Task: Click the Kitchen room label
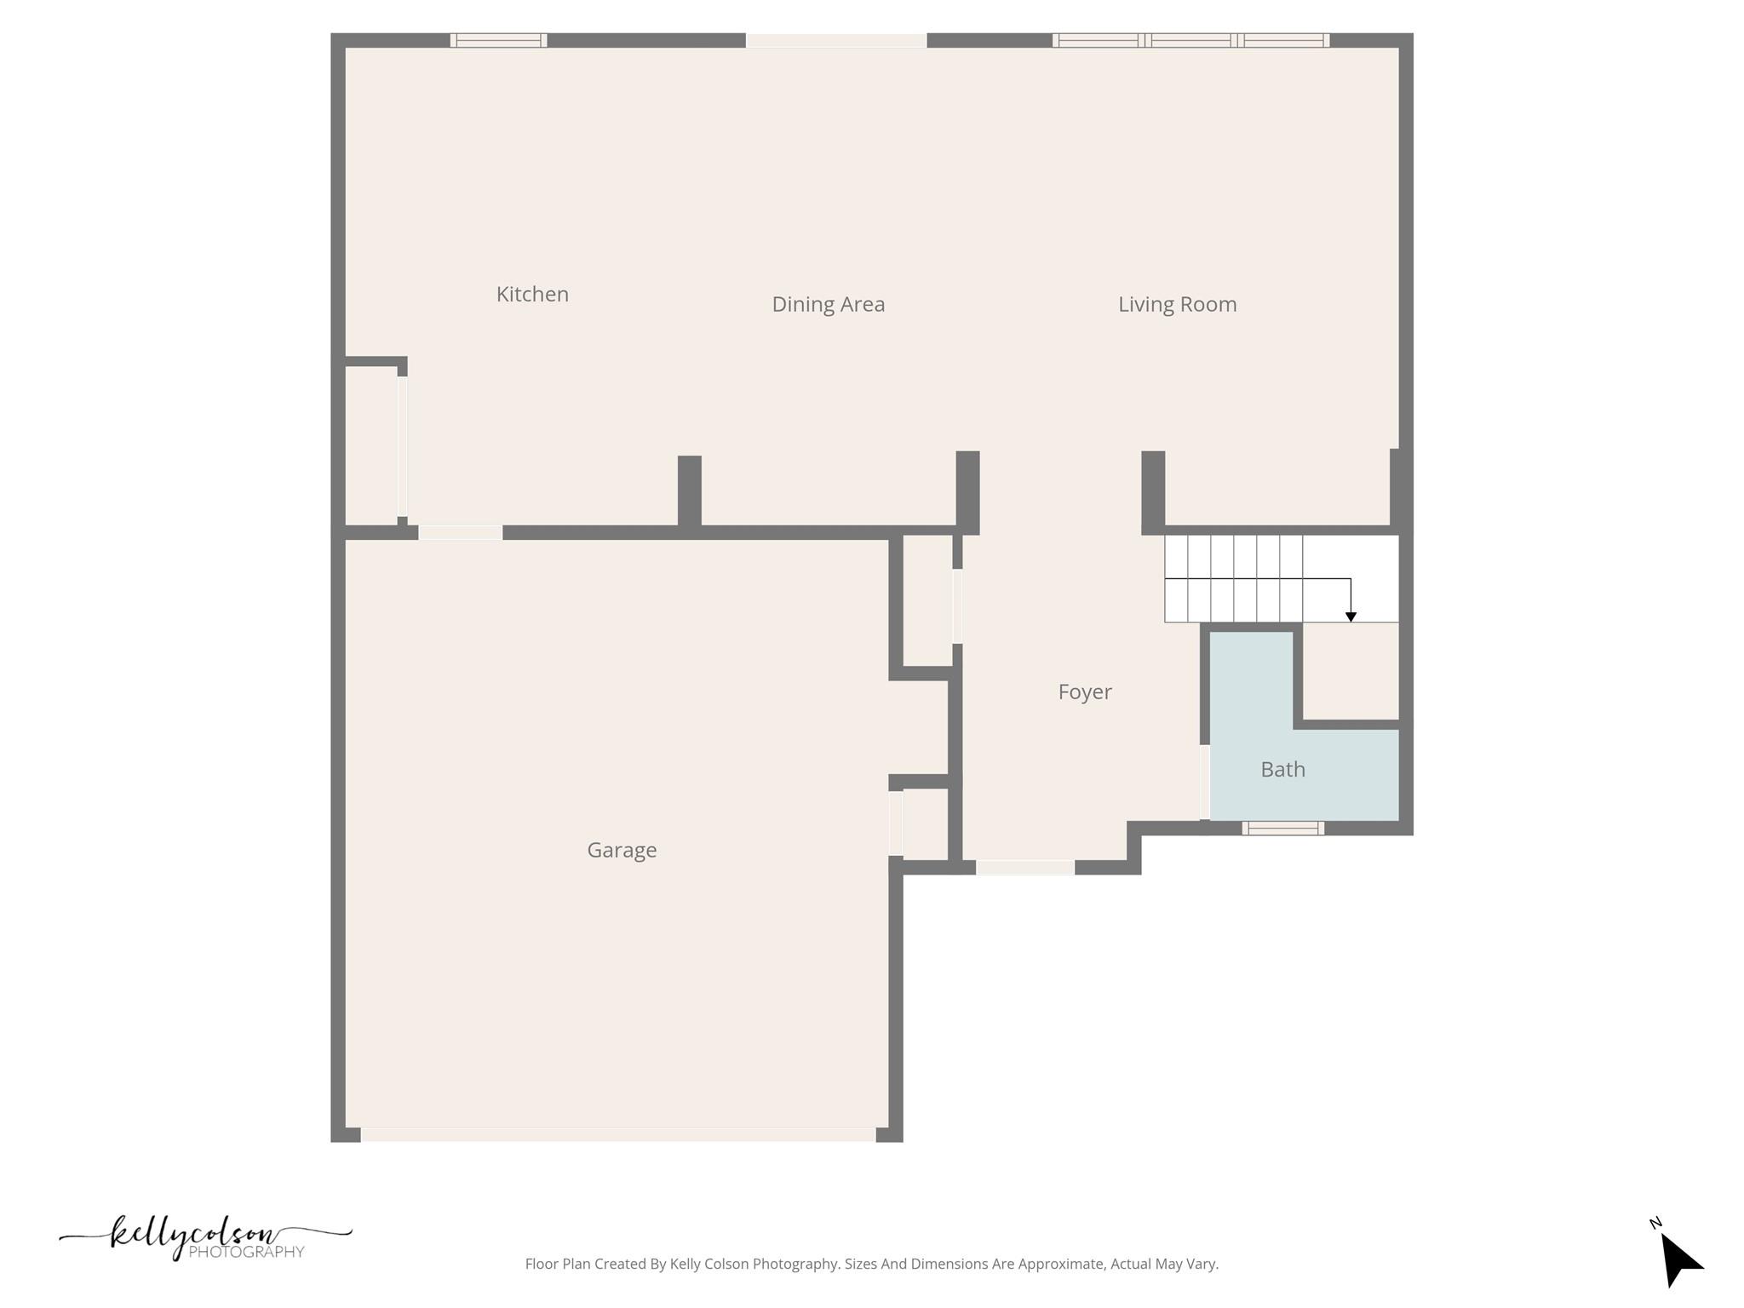(532, 294)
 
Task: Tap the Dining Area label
(828, 304)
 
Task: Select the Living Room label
(1177, 304)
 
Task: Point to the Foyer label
(1084, 691)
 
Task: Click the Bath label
(1282, 769)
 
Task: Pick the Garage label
(622, 850)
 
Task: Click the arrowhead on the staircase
(1351, 617)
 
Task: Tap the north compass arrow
(1679, 1258)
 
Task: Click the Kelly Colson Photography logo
(205, 1237)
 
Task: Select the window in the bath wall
(1282, 828)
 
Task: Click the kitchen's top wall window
(498, 40)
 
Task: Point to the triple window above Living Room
(1190, 40)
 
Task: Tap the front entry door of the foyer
(1025, 867)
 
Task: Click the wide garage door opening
(618, 1134)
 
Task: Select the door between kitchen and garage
(460, 532)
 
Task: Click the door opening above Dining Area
(836, 40)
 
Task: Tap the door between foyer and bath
(1204, 782)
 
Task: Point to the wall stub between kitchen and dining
(690, 491)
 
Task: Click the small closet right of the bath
(1351, 672)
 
